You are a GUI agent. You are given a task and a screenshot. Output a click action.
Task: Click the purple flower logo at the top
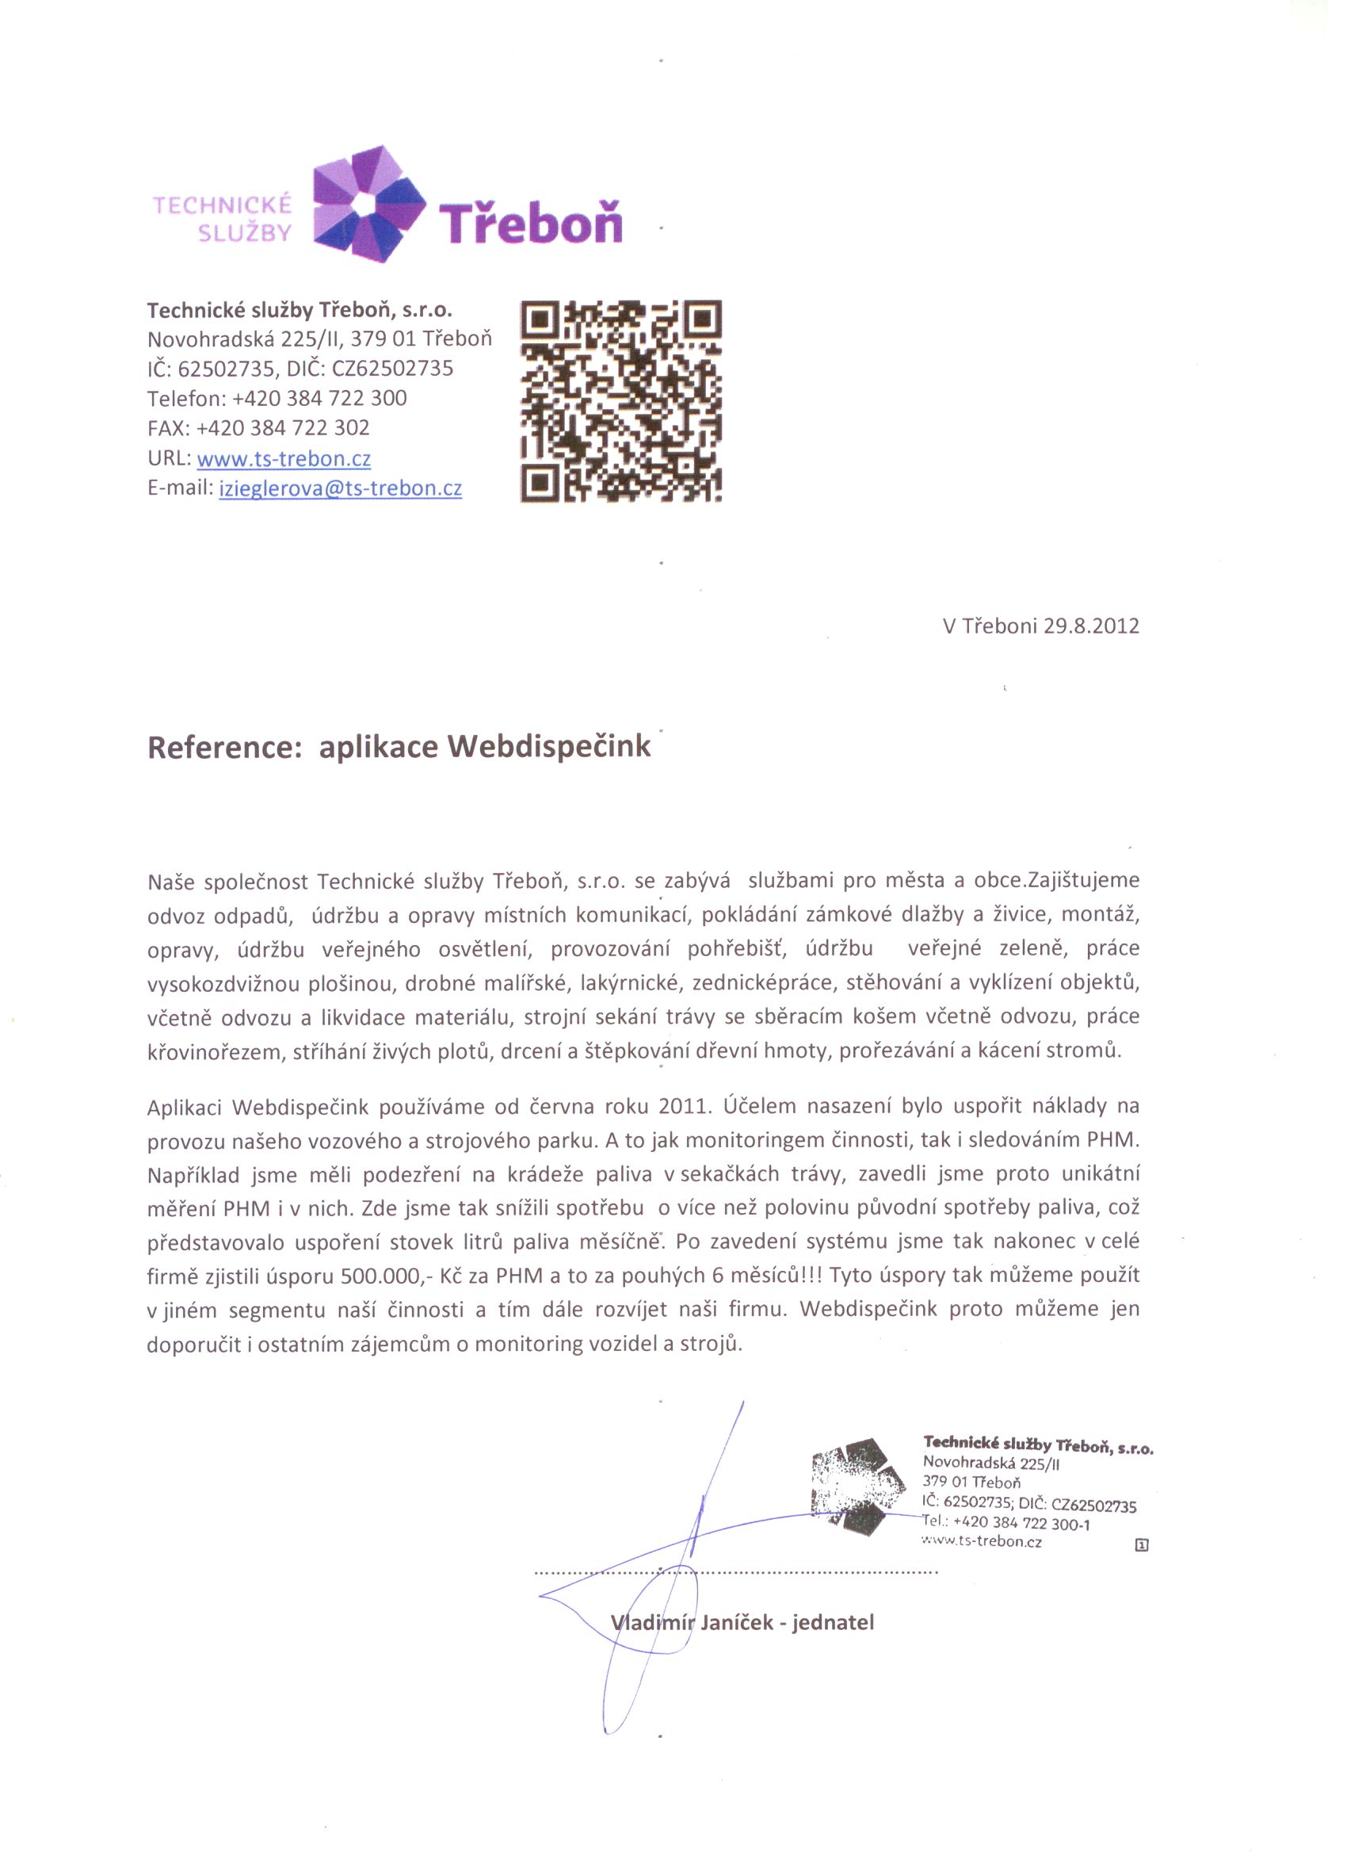pos(370,205)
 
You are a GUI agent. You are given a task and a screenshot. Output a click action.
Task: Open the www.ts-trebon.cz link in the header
pos(284,458)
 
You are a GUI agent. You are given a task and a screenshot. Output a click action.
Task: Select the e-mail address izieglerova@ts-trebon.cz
pos(340,488)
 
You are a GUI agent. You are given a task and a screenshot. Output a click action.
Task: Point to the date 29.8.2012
pos(1091,626)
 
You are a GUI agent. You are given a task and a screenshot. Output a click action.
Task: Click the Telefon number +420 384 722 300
pos(320,399)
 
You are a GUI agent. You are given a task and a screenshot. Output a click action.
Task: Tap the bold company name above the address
pos(300,310)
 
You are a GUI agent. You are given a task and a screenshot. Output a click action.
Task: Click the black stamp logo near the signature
pos(857,1486)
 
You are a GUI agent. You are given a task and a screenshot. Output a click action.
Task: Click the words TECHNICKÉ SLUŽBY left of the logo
pos(222,218)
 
